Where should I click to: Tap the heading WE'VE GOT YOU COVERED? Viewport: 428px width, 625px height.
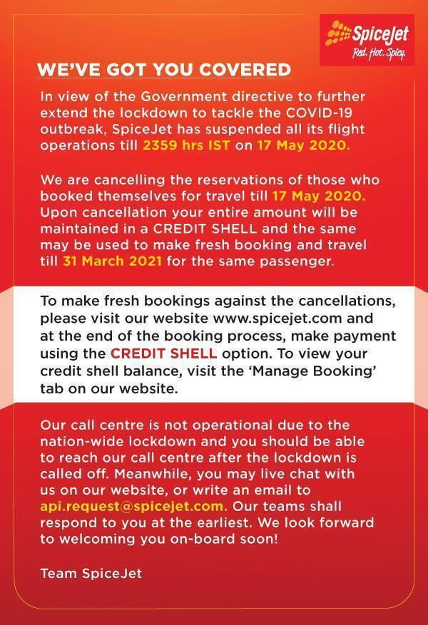[x=164, y=70]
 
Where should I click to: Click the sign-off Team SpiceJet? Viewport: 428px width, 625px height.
[x=91, y=572]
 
